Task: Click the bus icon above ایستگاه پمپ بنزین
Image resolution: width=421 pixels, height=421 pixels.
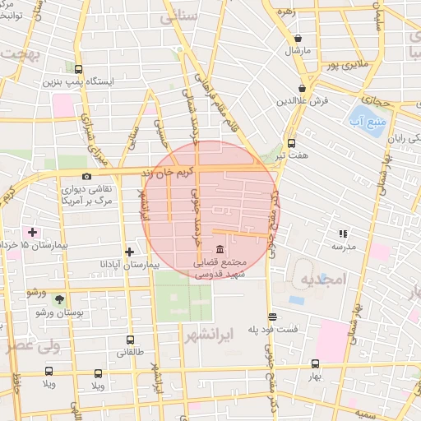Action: [78, 70]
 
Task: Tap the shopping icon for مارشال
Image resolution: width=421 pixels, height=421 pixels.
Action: [298, 39]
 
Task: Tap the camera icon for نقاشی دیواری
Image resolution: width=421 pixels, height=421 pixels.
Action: [86, 176]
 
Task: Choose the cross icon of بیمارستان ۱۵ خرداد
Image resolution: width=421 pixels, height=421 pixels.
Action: [33, 233]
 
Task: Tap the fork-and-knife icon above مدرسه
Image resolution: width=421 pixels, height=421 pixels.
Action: [343, 234]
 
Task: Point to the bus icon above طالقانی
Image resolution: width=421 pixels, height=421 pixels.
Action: [130, 339]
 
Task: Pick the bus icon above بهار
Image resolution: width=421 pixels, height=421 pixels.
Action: [315, 363]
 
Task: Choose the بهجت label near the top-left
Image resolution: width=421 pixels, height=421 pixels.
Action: [22, 53]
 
